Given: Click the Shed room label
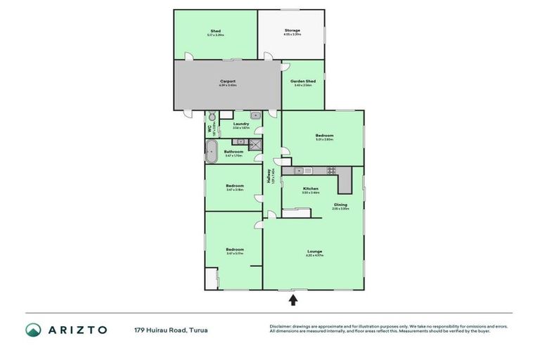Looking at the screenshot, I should (215, 32).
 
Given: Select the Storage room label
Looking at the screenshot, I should (292, 31).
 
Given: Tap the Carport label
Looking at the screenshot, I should (227, 82).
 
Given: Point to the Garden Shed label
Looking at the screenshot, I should (303, 82).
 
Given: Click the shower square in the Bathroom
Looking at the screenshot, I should (255, 145).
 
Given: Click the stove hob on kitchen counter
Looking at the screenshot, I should (330, 171).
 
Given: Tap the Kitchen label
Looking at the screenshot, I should (311, 189).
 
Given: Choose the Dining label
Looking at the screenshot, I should (340, 205).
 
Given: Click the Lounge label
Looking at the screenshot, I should (314, 251).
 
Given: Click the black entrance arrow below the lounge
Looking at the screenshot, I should (293, 300).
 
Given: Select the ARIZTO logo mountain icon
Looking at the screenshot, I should (34, 330).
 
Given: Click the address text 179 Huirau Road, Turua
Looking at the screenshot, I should (171, 330).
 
